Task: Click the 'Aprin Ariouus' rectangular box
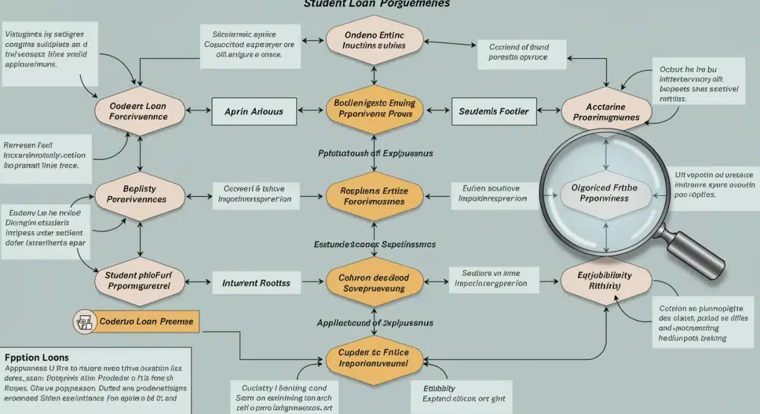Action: coord(254,111)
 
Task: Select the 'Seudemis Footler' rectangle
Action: coord(494,111)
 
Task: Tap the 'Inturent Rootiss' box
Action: coord(256,283)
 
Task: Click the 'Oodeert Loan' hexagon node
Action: coord(138,111)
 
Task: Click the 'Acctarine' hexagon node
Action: coord(606,111)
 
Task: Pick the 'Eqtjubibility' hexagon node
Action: coord(605,280)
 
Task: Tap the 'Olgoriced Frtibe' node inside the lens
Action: coord(604,193)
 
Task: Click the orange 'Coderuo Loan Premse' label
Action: coord(146,322)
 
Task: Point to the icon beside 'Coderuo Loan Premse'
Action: coord(83,322)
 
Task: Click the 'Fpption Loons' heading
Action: coord(37,358)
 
